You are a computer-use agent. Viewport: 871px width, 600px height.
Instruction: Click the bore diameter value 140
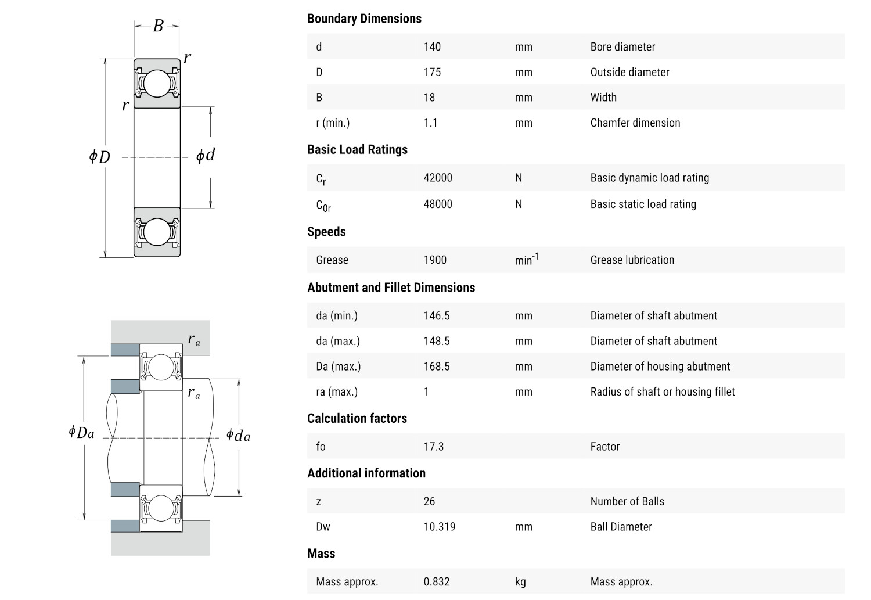coord(432,46)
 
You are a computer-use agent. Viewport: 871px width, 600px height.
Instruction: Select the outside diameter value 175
coord(432,72)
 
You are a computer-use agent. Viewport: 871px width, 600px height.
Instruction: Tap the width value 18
coord(429,98)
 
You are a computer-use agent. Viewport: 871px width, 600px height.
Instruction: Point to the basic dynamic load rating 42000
coord(437,178)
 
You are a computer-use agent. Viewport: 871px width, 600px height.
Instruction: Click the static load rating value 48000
coord(437,204)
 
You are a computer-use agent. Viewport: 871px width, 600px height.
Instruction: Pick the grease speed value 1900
coord(435,260)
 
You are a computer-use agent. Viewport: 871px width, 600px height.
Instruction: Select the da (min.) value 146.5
coord(436,315)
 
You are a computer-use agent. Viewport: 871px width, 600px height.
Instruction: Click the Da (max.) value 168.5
coord(436,367)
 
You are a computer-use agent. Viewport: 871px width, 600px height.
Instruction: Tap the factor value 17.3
coord(433,447)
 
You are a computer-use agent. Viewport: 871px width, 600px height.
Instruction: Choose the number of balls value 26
coord(429,501)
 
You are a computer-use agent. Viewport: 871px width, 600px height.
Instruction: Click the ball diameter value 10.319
coord(439,527)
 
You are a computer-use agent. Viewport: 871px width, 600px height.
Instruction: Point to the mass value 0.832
coord(436,581)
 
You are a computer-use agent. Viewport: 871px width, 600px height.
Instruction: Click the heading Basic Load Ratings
coord(357,149)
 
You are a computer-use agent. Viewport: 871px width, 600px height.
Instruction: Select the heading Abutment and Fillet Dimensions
coord(391,288)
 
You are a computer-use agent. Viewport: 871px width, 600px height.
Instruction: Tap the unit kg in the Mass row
coord(520,581)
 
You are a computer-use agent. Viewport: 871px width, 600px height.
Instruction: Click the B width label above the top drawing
coord(158,26)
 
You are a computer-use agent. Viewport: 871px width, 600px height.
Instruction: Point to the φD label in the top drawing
coord(99,156)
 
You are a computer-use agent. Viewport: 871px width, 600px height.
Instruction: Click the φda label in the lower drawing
coord(238,435)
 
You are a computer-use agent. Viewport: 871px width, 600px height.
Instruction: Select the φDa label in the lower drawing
coord(81,432)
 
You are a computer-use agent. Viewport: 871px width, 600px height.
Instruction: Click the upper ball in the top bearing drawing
coord(157,84)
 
